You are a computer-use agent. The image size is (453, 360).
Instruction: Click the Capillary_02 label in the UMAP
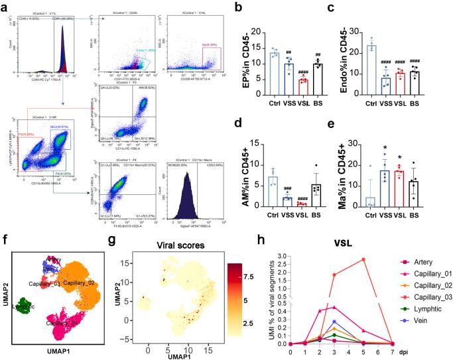70,284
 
